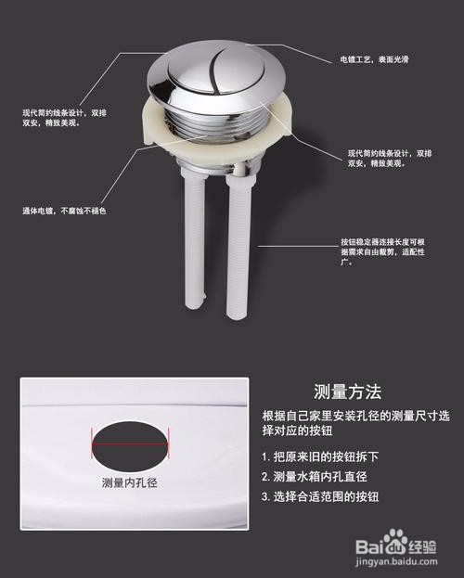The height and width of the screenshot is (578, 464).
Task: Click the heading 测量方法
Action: (348, 391)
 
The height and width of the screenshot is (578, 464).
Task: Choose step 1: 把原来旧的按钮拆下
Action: (321, 457)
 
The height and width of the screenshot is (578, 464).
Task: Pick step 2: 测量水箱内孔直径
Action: (321, 476)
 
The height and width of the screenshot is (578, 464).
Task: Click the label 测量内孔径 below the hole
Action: (130, 483)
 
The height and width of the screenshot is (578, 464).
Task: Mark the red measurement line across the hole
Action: (131, 443)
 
